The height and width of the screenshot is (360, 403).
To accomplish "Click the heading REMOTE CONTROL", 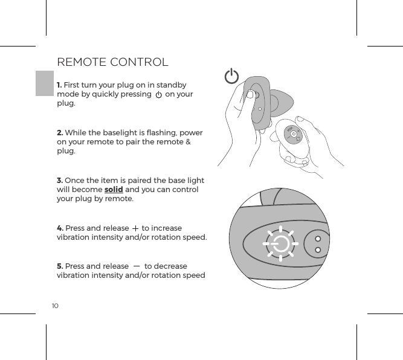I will [x=112, y=62].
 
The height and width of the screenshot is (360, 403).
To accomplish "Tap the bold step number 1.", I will [x=59, y=85].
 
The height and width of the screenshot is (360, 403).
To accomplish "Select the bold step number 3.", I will [x=59, y=181].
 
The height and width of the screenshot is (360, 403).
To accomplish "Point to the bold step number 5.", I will [x=60, y=266].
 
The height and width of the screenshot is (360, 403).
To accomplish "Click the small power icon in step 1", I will [x=158, y=95].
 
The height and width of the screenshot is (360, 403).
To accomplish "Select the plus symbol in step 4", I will [x=135, y=228].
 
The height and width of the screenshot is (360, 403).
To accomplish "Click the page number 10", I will [x=55, y=306].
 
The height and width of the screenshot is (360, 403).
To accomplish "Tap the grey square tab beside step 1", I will [x=44, y=83].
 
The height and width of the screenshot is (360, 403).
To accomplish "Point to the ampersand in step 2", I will [x=188, y=142].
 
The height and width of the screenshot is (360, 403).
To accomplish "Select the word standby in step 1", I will [x=170, y=85].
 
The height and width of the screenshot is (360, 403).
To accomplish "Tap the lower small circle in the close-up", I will [x=318, y=250].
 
